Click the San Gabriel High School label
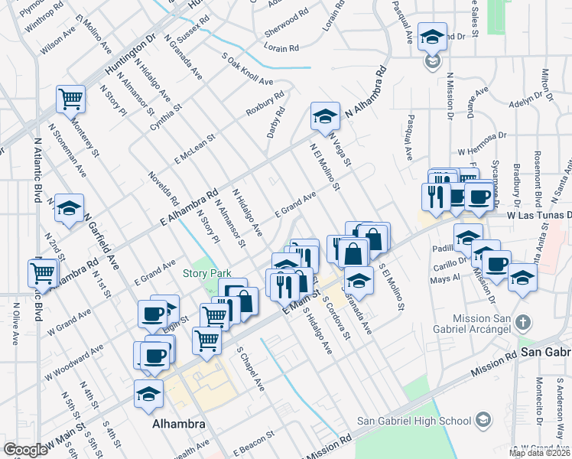coord(414,421)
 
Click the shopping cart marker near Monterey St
coord(70,98)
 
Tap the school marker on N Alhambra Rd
coord(325,116)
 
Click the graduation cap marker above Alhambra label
coord(148,393)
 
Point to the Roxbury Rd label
coord(265,104)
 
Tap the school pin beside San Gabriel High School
coord(483,420)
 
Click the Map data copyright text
coord(540,453)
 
